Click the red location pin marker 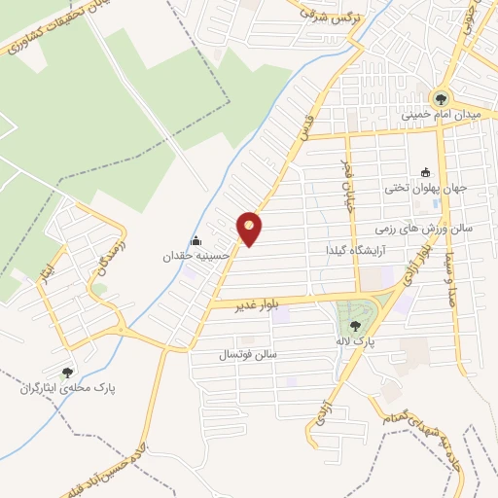pos(250,229)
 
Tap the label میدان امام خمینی pos(442,115)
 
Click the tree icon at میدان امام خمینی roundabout pos(442,97)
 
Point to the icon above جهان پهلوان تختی pos(425,172)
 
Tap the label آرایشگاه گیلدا pos(359,250)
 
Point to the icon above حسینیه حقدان pos(196,241)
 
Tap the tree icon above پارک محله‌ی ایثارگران pos(67,373)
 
